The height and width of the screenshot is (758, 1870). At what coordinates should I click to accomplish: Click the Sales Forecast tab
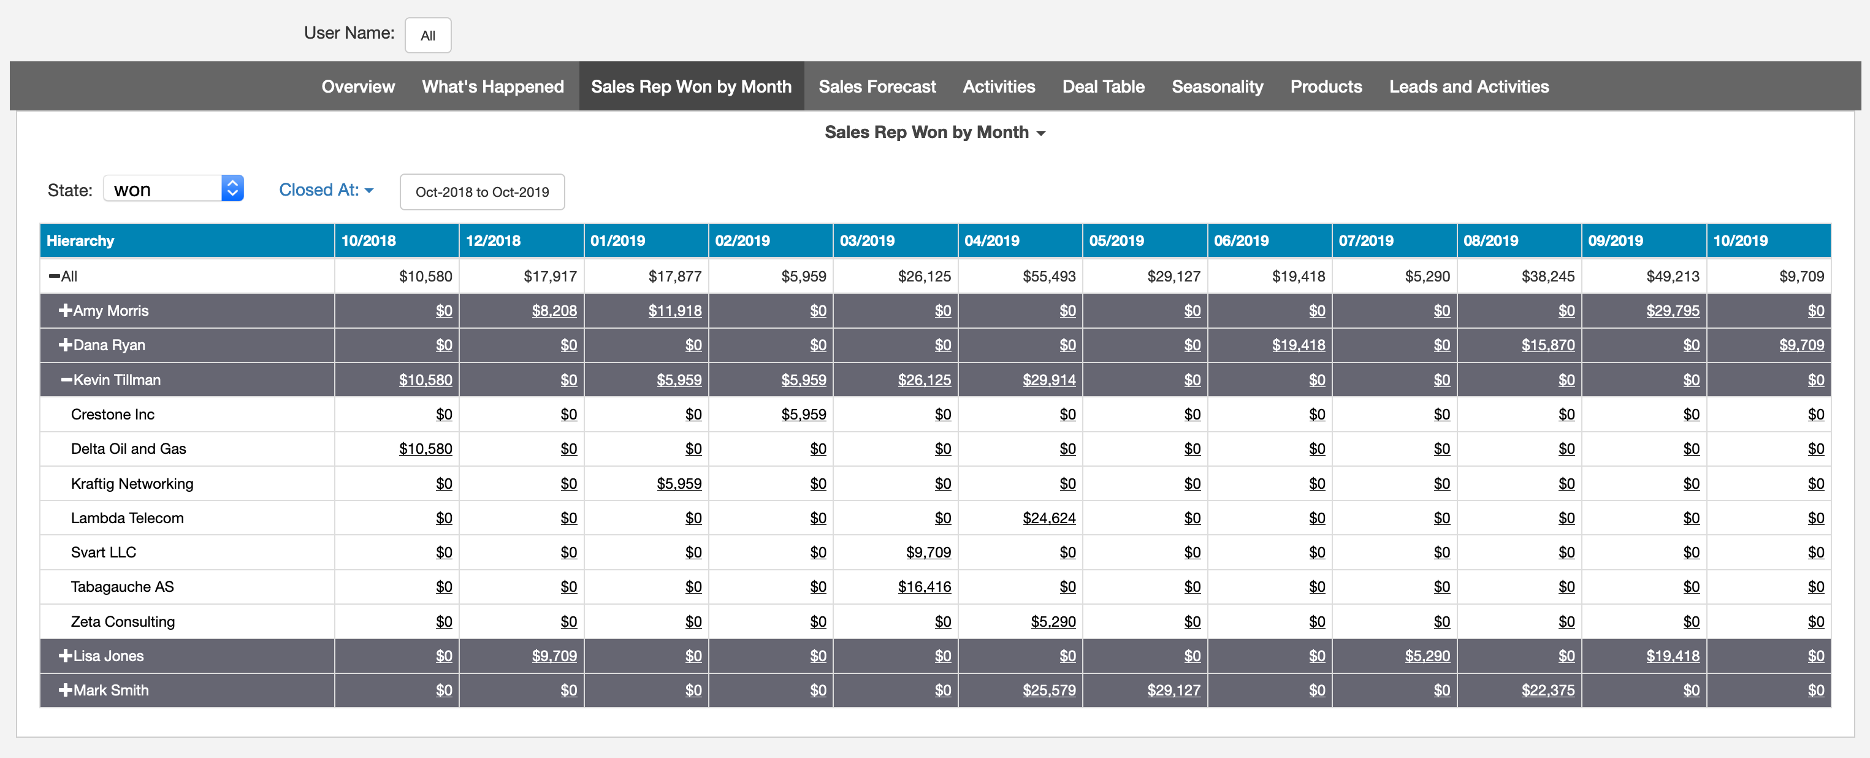(877, 86)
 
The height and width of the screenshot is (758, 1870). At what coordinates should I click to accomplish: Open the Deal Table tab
(1103, 86)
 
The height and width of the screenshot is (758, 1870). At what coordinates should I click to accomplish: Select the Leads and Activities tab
(1468, 86)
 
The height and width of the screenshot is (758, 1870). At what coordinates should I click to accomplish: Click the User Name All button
(427, 36)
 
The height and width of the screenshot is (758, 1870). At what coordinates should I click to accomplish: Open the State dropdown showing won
(173, 189)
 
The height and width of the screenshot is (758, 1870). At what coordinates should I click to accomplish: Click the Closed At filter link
(325, 189)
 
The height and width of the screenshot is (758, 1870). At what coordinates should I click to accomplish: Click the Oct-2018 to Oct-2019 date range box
(482, 192)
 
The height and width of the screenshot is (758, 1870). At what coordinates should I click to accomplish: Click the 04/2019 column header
(991, 240)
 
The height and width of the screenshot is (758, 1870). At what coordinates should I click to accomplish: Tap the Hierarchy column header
(80, 240)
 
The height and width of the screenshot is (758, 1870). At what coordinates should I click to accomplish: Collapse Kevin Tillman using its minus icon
(67, 380)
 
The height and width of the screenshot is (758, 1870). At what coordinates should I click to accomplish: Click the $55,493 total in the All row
(1048, 276)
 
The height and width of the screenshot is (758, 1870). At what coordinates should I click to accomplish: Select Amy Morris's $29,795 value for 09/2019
(1672, 311)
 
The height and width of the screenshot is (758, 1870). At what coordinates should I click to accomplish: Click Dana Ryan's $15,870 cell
(1548, 345)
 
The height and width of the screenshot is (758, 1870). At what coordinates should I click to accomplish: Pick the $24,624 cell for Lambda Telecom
(1048, 518)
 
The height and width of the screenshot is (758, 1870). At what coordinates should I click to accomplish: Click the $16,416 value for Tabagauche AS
(923, 587)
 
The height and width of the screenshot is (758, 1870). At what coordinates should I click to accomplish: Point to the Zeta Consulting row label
(123, 621)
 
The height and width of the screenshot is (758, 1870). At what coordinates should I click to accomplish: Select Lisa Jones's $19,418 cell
(1672, 656)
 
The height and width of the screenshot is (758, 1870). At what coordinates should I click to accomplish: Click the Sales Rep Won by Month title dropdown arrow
(1041, 134)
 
